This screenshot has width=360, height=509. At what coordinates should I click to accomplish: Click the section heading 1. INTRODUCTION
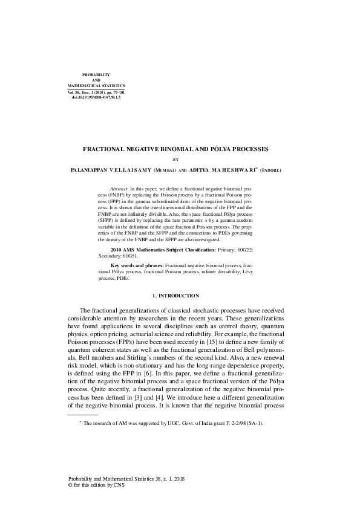[175, 296]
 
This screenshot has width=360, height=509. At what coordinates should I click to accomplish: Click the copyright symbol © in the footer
[71, 485]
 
